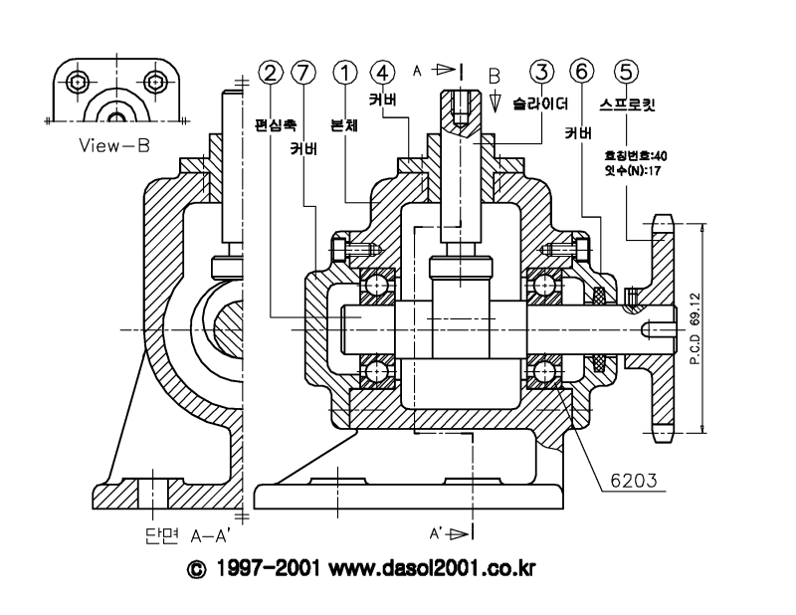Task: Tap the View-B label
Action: [x=115, y=145]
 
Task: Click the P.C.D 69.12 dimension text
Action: [x=696, y=329]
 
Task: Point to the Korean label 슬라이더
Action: [x=537, y=102]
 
